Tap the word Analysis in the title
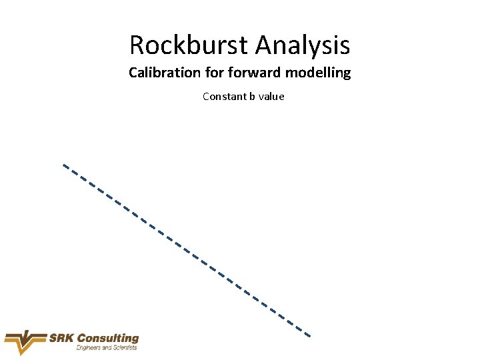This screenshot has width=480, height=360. click(302, 45)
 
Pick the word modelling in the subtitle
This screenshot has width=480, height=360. click(317, 73)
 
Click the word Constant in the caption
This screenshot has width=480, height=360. click(224, 97)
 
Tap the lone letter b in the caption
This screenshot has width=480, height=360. click(253, 97)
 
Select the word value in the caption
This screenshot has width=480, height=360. click(272, 97)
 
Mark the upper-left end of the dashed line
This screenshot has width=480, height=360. click(64, 165)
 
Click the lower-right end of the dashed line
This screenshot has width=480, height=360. click(309, 335)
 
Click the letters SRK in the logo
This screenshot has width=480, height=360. click(61, 339)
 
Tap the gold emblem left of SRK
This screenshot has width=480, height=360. click(25, 342)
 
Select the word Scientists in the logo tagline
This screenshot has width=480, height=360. click(125, 348)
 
